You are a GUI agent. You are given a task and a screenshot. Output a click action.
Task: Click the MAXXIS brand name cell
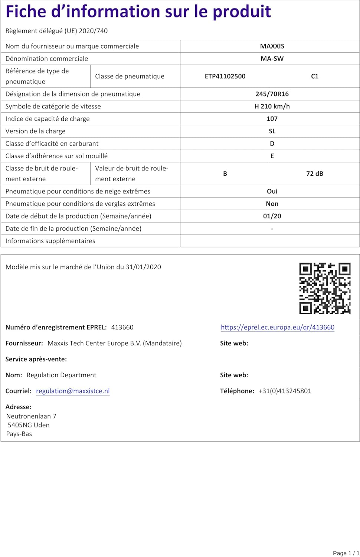272,46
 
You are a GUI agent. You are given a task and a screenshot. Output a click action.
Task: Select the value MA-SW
272,58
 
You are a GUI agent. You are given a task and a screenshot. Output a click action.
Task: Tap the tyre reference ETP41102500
225,76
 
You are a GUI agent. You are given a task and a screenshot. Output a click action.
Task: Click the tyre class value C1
315,76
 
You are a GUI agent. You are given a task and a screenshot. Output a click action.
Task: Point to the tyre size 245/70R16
272,94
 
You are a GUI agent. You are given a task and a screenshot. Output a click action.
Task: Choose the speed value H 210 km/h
272,106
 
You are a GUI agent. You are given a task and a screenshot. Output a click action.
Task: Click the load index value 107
272,119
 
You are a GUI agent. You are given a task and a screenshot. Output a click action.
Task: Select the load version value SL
272,131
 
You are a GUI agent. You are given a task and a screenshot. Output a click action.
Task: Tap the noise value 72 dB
315,173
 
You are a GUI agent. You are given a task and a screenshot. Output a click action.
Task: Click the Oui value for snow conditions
272,191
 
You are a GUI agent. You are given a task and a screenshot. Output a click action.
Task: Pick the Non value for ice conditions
272,203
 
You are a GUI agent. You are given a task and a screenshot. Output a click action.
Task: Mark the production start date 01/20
272,216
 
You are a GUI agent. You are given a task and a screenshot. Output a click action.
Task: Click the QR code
325,288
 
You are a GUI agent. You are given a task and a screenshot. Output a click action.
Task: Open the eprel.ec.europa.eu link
278,327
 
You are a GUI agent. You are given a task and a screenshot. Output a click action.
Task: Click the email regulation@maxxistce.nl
73,391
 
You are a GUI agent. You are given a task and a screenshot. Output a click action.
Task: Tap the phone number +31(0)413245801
285,391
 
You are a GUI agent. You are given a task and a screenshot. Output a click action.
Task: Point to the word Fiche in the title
25,12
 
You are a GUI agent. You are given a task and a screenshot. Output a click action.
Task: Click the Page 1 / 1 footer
346,553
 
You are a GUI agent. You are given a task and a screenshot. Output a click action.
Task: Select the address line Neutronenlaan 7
31,416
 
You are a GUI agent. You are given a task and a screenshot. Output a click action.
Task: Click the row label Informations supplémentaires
50,241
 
